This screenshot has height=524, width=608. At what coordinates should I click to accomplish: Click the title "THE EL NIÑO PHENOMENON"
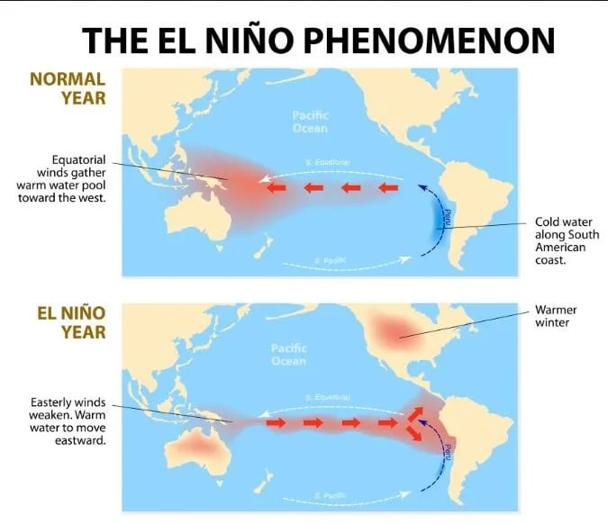point(317,41)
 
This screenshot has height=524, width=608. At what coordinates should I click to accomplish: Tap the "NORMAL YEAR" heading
point(68,86)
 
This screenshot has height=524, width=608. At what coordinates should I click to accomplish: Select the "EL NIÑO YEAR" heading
point(71,322)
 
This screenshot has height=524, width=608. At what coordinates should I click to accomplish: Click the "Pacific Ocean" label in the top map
point(310,122)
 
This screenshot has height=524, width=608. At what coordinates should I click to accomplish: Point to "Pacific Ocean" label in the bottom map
point(288,354)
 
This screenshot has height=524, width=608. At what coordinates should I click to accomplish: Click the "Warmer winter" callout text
point(556,316)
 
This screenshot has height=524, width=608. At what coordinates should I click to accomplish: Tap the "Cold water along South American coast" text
point(559,239)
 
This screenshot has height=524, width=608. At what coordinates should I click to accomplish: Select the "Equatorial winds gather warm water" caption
point(62,178)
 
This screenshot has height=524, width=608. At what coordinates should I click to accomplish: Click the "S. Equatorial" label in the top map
point(327,163)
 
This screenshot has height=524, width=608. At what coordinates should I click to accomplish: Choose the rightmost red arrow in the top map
point(388,187)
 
